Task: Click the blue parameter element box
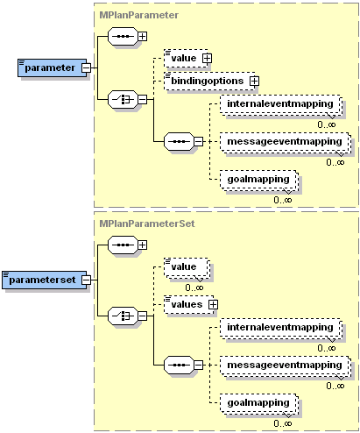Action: (49, 67)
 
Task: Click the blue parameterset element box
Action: (42, 280)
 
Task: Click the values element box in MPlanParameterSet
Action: (184, 303)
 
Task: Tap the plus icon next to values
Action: (213, 304)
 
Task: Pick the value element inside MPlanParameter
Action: (183, 58)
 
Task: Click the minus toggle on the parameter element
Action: (87, 67)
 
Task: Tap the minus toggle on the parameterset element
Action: (87, 280)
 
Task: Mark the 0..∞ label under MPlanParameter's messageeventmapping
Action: (335, 161)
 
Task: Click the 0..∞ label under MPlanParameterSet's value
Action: (194, 287)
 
